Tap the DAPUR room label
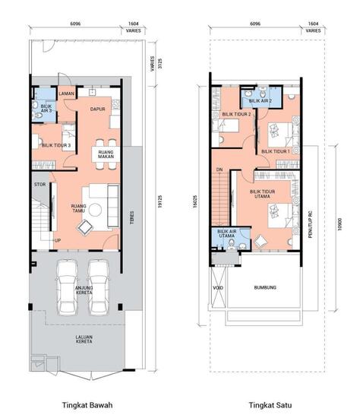[x=97, y=109]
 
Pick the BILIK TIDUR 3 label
[x=57, y=145]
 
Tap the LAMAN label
[x=65, y=93]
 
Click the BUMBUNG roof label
[x=265, y=287]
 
